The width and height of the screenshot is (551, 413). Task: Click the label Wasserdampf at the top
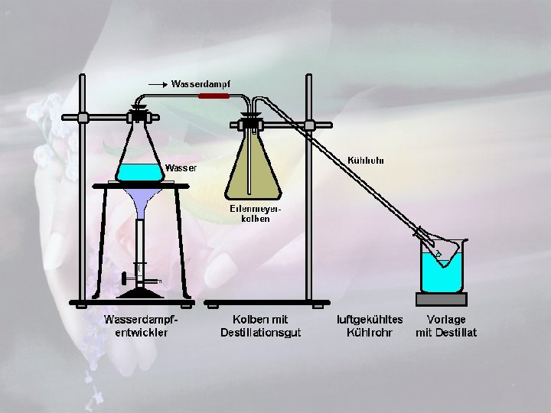(201, 83)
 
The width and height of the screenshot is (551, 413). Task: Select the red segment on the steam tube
(214, 96)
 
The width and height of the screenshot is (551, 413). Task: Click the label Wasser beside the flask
(181, 167)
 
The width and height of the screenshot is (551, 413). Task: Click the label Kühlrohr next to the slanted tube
(366, 161)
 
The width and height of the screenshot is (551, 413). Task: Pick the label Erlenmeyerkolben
(250, 213)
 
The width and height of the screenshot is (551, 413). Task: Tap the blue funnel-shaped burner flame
(142, 200)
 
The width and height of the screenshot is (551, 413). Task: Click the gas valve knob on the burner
(124, 280)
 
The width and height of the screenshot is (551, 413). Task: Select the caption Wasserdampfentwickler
(141, 326)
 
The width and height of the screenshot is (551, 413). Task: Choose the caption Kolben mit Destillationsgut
(261, 326)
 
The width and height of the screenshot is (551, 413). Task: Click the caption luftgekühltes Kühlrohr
(370, 326)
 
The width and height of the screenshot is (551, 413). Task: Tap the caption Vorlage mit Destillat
(446, 326)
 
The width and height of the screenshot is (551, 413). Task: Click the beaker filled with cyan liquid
(442, 272)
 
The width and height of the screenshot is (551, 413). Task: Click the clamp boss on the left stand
(83, 118)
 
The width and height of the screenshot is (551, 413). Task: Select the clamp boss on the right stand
(309, 125)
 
